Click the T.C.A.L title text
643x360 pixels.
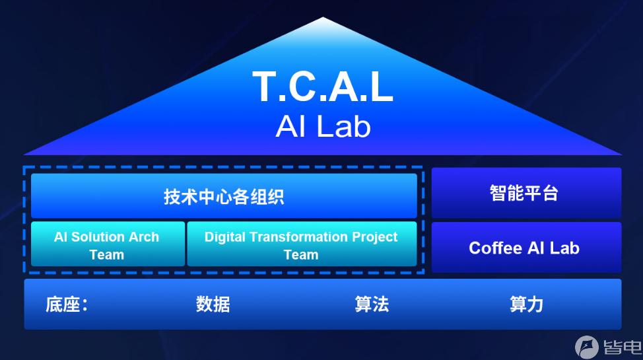click(323, 87)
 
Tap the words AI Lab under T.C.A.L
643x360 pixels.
click(323, 126)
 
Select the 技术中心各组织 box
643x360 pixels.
click(224, 196)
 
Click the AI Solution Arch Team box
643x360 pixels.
click(108, 244)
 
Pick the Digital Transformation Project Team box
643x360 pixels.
click(302, 244)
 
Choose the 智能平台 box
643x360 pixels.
click(527, 192)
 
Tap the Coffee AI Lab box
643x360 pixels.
click(527, 248)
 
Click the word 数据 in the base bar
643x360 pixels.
click(213, 305)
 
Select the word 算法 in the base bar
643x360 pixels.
click(372, 305)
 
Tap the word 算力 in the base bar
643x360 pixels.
click(527, 305)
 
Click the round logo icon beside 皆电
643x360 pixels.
click(587, 347)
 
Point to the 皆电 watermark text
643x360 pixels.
click(622, 347)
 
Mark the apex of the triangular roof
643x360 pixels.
click(323, 17)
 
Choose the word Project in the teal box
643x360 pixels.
click(375, 237)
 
